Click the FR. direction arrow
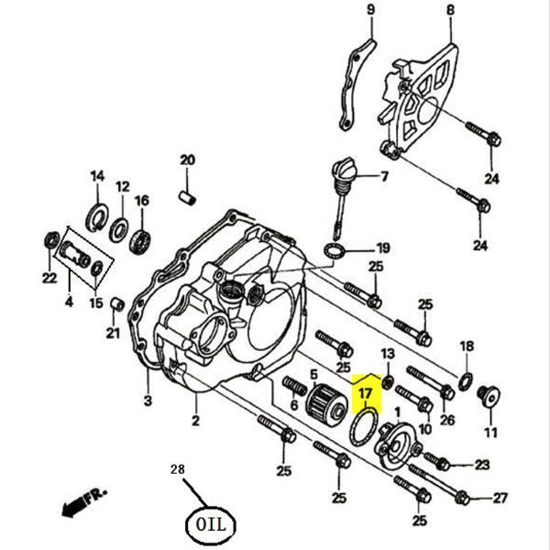[x=78, y=503]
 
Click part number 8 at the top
[x=450, y=10]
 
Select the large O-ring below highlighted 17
[x=365, y=427]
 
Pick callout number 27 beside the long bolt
[x=500, y=499]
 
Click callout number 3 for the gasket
[x=147, y=400]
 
